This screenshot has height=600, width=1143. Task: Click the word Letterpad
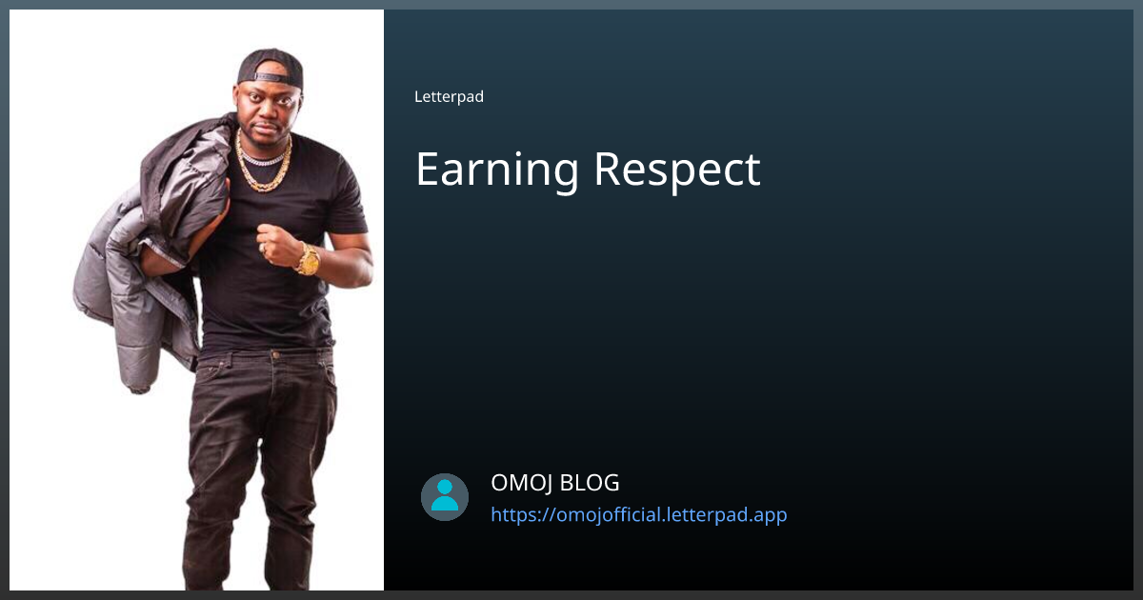[449, 96]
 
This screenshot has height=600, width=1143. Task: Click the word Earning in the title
[496, 170]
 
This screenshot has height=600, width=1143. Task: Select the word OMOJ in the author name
[521, 483]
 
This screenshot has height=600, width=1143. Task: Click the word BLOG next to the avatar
[589, 483]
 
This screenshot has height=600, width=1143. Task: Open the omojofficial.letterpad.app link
[638, 515]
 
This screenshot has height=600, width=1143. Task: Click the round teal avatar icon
[445, 497]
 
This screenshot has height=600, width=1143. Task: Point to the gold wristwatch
[309, 259]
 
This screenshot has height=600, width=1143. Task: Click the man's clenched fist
[279, 245]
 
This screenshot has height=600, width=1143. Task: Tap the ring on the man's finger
[263, 249]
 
